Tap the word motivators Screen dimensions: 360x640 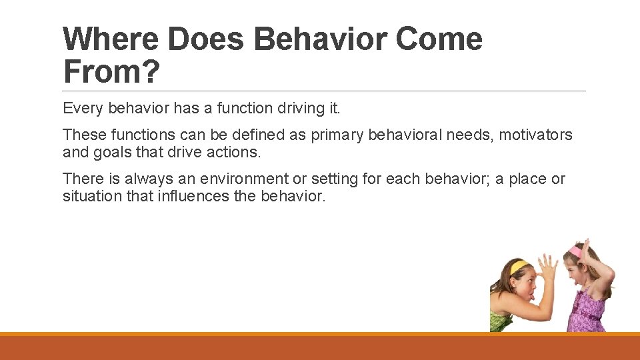coord(535,135)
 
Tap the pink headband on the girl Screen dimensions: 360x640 coord(577,251)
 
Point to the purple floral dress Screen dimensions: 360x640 coord(587,313)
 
